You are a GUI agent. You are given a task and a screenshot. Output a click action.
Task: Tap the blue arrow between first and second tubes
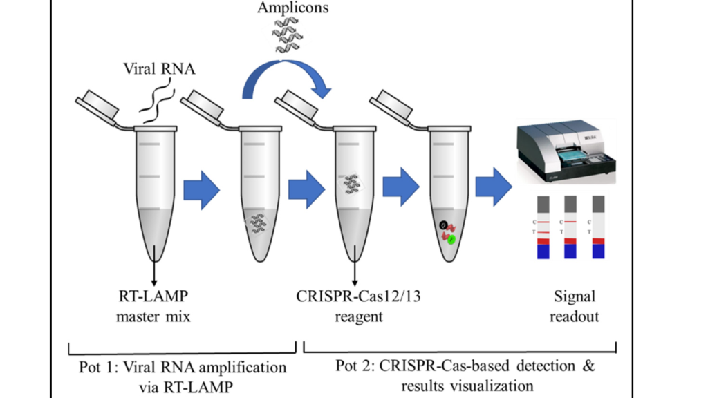[x=201, y=187]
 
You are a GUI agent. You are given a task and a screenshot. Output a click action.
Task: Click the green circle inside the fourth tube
[x=451, y=240]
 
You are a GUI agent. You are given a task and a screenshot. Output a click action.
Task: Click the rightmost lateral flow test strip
[x=598, y=226]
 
